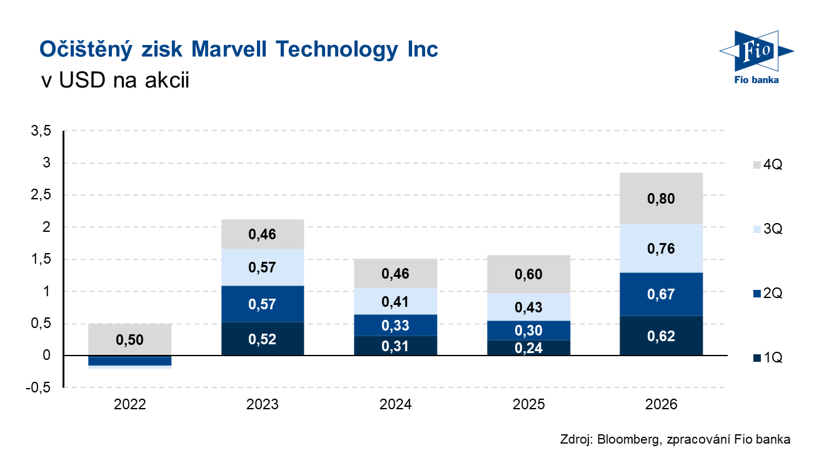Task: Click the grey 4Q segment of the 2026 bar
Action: [x=661, y=198]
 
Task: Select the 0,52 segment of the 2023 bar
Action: [x=263, y=339]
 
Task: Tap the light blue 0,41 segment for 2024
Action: [x=395, y=301]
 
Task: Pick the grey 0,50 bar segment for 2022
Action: [x=129, y=339]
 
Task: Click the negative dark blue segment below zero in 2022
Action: [x=129, y=361]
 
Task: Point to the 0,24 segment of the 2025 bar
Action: [x=528, y=347]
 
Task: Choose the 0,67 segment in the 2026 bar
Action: [x=661, y=294]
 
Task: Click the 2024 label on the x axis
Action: [x=395, y=405]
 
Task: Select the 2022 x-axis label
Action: [x=129, y=405]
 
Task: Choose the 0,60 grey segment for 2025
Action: [x=528, y=274]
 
